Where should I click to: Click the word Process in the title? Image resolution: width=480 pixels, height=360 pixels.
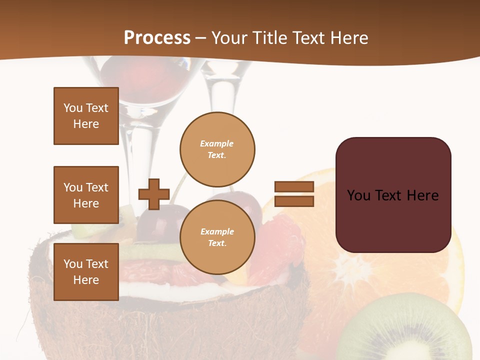tap(157, 37)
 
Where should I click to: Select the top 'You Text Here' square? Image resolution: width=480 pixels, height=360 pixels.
tap(86, 116)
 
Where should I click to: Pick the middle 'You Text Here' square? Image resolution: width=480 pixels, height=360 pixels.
tap(86, 195)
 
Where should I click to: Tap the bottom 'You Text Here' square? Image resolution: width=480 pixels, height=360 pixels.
tap(86, 272)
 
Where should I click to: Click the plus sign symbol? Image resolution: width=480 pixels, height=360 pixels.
tap(154, 194)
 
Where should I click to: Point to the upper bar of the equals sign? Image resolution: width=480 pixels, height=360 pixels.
tap(294, 186)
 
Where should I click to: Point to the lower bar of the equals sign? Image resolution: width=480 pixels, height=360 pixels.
tap(294, 201)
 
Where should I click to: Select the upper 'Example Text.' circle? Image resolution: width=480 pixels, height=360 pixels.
tap(217, 149)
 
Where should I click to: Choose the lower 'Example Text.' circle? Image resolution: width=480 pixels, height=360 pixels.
tap(217, 237)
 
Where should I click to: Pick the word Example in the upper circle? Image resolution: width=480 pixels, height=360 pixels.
tap(216, 143)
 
